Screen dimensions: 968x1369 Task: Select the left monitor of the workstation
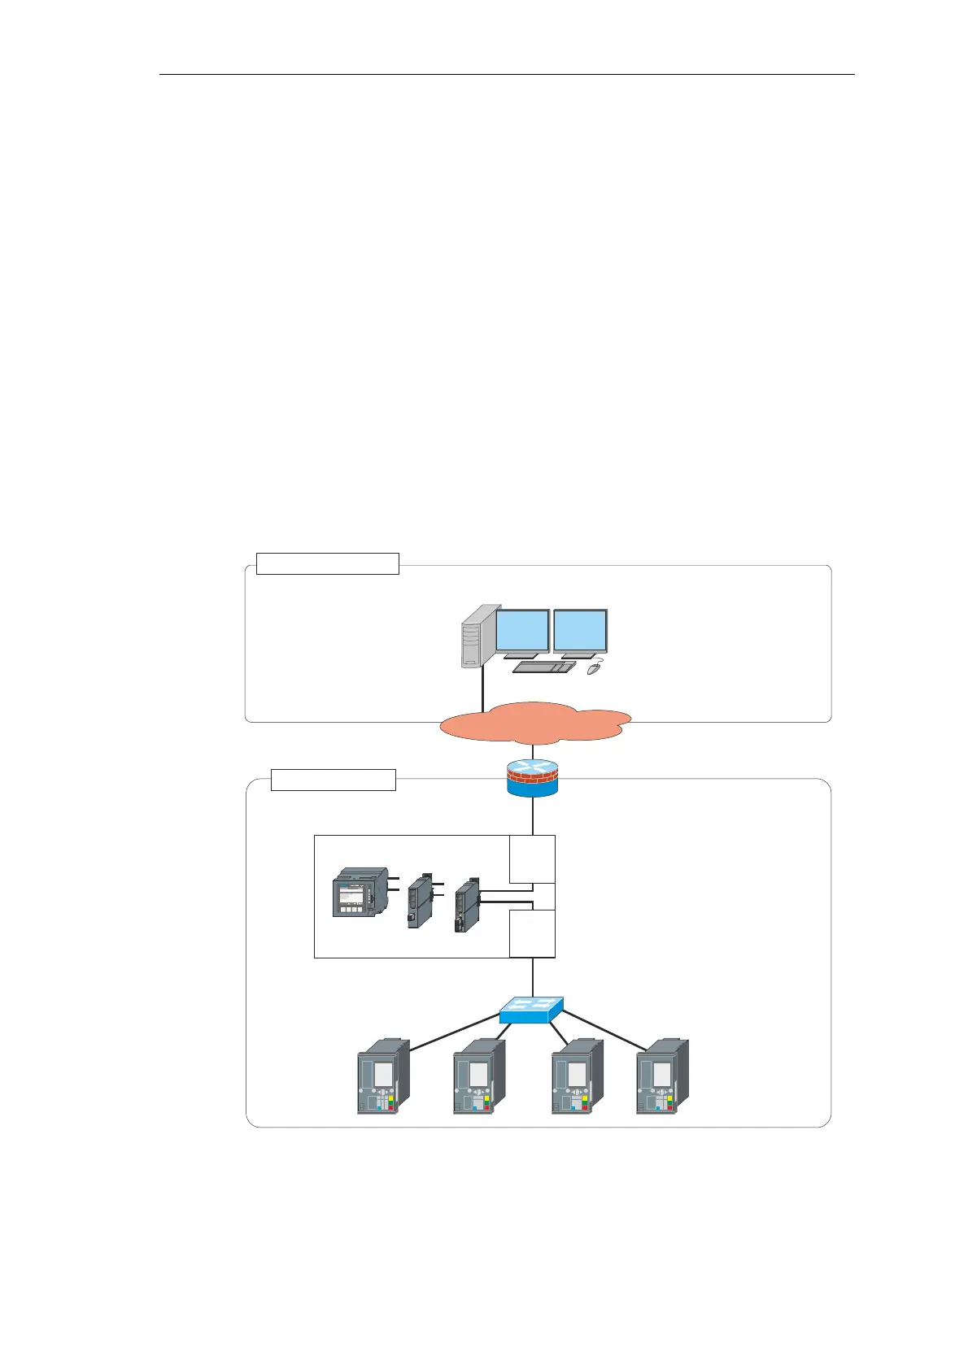[x=522, y=631]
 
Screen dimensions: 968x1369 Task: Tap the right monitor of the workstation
[x=580, y=631]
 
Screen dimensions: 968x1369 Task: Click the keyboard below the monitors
[x=543, y=667]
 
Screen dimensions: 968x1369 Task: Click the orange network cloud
[x=534, y=723]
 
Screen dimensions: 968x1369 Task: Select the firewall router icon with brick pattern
[x=533, y=778]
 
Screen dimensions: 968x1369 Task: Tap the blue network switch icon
[x=531, y=1010]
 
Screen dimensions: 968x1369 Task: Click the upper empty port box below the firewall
[x=532, y=859]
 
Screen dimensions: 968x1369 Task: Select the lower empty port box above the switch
[x=532, y=933]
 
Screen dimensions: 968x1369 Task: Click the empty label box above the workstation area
[x=327, y=563]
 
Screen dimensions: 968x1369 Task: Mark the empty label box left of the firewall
[x=333, y=780]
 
